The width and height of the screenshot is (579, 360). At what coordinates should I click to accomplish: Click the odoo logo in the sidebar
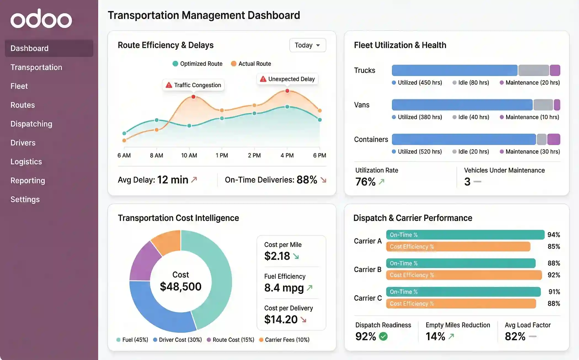pos(41,19)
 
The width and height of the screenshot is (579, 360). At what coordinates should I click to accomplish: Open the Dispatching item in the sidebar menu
pos(31,124)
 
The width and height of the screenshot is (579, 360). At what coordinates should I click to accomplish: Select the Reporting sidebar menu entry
pos(28,180)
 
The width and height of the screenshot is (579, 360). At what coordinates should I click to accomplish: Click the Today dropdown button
pos(307,45)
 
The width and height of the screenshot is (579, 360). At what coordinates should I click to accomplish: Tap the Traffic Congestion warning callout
pos(193,85)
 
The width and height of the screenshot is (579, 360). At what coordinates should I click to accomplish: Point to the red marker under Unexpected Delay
pos(287,91)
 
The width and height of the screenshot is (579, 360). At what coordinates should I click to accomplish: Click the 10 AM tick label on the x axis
pos(189,155)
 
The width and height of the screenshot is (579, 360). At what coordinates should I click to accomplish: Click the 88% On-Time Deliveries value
pos(307,180)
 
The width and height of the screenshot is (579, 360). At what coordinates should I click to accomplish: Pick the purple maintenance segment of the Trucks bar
pos(555,70)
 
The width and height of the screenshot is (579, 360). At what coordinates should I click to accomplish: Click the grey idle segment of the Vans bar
pos(543,105)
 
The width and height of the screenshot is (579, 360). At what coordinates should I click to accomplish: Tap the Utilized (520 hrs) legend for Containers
pos(417,151)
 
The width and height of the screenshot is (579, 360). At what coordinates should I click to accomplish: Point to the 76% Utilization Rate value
pos(365,182)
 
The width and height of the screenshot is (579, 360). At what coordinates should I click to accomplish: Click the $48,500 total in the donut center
pos(180,287)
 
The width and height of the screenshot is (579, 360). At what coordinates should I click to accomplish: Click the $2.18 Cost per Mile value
pos(277,256)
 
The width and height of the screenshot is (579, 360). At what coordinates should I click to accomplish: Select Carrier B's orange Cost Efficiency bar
pos(464,275)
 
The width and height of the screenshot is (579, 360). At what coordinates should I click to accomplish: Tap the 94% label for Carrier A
pos(553,235)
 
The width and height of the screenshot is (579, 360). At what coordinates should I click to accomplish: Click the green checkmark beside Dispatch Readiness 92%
pos(383,336)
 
